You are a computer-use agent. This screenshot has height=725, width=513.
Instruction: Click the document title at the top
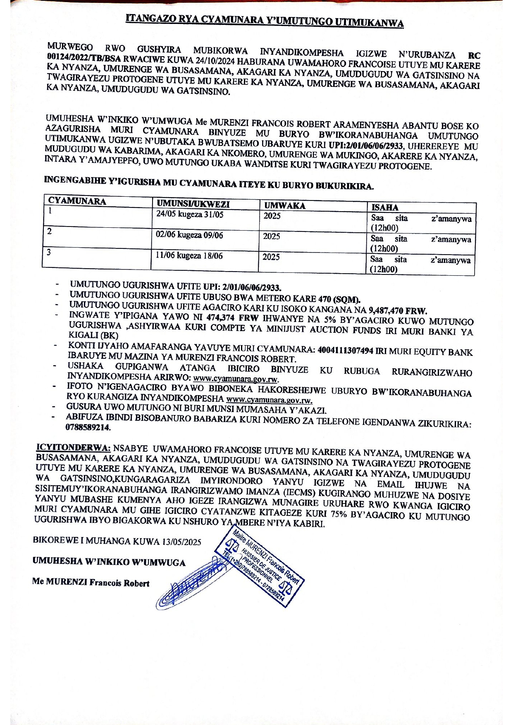tap(265, 21)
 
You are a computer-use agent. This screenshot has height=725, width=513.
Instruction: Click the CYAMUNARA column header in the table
tap(77, 201)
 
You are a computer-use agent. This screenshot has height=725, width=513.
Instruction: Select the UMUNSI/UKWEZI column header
tap(193, 204)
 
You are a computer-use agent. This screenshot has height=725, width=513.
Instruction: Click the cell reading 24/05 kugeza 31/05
tap(190, 215)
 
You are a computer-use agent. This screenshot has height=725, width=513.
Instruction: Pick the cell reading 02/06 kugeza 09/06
tap(189, 235)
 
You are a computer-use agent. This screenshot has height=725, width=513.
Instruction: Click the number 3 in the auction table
tap(49, 252)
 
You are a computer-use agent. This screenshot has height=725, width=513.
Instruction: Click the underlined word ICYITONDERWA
tap(74, 448)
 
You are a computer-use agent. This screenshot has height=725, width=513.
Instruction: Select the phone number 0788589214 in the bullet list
tap(88, 428)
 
